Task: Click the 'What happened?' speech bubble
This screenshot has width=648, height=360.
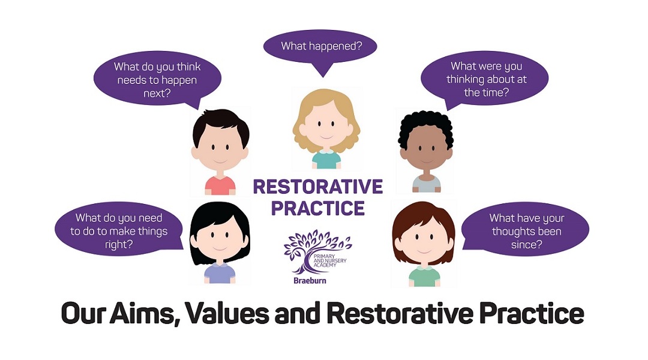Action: tap(320, 46)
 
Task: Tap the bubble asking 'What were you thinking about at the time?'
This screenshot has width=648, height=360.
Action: tap(484, 79)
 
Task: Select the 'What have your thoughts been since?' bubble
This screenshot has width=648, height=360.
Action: tap(525, 230)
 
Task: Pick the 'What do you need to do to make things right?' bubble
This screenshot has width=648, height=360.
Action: tap(119, 230)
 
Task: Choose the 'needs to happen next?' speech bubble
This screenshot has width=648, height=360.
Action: tap(157, 79)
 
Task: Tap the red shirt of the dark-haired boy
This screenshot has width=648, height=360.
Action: tap(220, 185)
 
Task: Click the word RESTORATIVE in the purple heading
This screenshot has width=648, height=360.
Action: tap(318, 187)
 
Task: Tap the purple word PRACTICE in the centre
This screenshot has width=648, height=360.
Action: tap(318, 208)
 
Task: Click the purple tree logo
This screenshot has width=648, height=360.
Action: tap(317, 251)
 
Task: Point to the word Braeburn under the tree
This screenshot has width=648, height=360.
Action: tap(310, 281)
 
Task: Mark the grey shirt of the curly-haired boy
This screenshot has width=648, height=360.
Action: tap(426, 184)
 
